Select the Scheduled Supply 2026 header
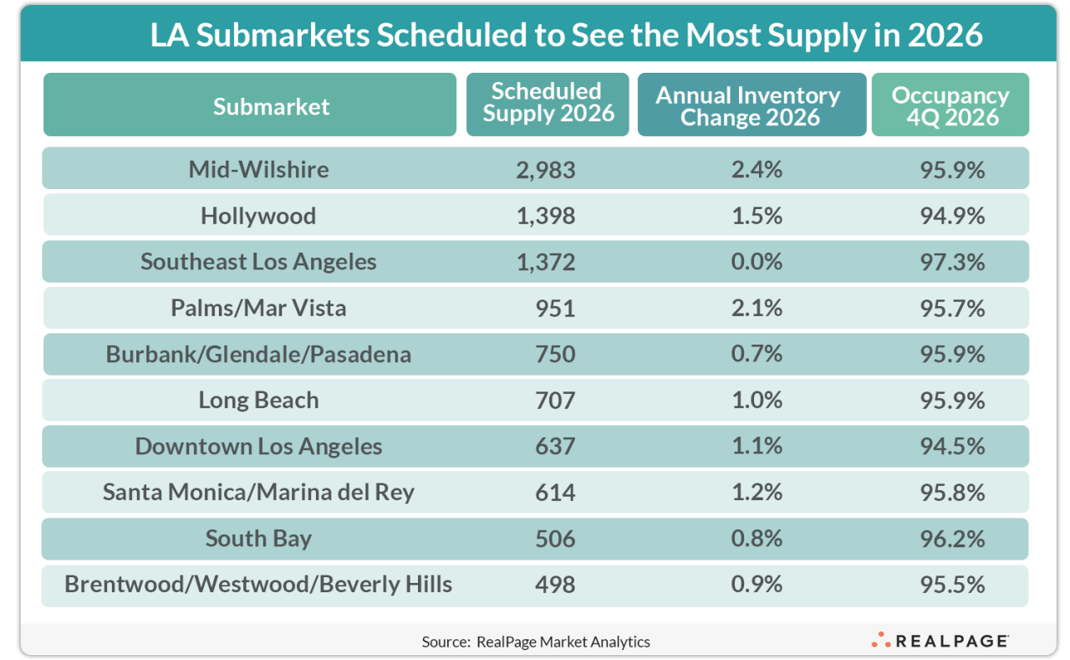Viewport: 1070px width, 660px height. pyautogui.click(x=548, y=104)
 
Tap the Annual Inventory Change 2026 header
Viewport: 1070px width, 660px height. pyautogui.click(x=750, y=105)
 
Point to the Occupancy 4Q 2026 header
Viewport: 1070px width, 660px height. pyautogui.click(x=950, y=105)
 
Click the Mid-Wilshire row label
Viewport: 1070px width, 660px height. pyautogui.click(x=258, y=169)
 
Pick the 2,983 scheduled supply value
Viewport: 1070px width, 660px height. pyautogui.click(x=545, y=169)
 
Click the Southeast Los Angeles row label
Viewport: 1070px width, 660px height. pyautogui.click(x=258, y=262)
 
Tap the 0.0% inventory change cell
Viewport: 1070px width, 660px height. pyautogui.click(x=756, y=262)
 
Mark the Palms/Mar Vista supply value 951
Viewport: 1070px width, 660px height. pyautogui.click(x=555, y=308)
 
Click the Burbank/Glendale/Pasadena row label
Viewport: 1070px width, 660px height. pyautogui.click(x=258, y=354)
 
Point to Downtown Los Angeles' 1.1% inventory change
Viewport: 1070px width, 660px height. pyautogui.click(x=756, y=446)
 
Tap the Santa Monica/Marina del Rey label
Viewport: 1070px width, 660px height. pyautogui.click(x=258, y=492)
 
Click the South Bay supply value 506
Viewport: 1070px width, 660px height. pyautogui.click(x=555, y=538)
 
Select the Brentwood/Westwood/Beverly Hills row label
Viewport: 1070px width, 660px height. pyautogui.click(x=258, y=584)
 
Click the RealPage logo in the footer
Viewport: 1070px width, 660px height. pyautogui.click(x=940, y=641)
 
